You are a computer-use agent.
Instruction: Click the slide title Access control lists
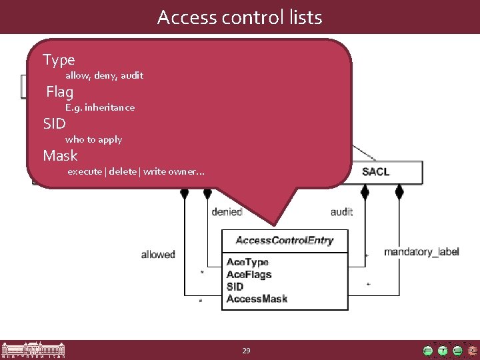tap(239, 17)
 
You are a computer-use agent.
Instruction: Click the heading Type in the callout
tap(59, 60)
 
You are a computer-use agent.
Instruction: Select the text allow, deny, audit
tap(104, 75)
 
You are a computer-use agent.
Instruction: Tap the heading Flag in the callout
tap(60, 92)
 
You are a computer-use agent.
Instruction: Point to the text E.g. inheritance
tap(100, 107)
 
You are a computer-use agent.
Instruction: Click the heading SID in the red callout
tap(54, 124)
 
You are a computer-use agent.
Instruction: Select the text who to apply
tap(93, 139)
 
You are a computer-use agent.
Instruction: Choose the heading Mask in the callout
tap(60, 156)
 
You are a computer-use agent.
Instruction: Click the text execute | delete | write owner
tap(136, 172)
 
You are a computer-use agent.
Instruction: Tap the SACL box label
tap(375, 172)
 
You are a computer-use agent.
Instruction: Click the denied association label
tap(226, 212)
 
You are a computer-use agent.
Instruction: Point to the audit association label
tap(341, 212)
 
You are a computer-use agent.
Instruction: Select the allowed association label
tap(158, 254)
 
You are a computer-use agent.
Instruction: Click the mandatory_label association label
tap(421, 252)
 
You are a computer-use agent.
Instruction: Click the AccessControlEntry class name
tap(285, 241)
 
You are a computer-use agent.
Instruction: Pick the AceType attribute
tap(247, 263)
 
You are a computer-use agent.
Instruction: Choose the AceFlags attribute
tap(249, 275)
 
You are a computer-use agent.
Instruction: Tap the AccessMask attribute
tap(257, 299)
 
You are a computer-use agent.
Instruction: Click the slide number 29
tap(246, 350)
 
